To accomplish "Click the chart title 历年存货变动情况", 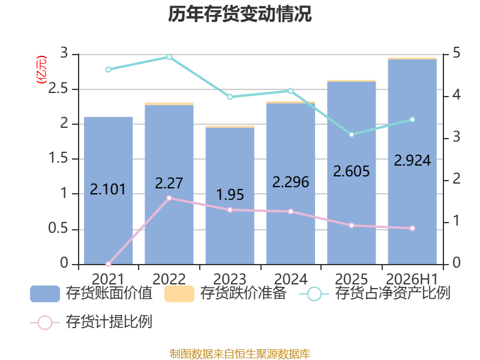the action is point(239,14).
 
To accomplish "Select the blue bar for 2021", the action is point(109,190).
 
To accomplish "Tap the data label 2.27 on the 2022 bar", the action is point(169,183).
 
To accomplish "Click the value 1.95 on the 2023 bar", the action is point(230,194).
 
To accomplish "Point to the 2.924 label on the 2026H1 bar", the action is point(412,160).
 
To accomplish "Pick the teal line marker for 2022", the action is point(169,57).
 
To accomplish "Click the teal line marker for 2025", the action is point(352,134).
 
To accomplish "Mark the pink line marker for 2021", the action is point(109,264).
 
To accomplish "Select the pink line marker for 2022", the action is point(169,198).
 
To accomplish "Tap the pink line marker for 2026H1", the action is point(412,228).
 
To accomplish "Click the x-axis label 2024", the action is point(291,279).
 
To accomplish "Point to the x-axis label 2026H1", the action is point(412,279).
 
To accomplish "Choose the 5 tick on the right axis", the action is point(457,53).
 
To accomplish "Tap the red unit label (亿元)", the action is point(41,70).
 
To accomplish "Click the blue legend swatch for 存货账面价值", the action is point(45,294).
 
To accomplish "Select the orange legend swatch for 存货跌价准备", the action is point(179,294).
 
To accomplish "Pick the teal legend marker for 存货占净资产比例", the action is point(314,294).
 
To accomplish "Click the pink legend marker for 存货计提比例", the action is point(45,322).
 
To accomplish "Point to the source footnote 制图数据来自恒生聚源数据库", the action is point(240,354).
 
